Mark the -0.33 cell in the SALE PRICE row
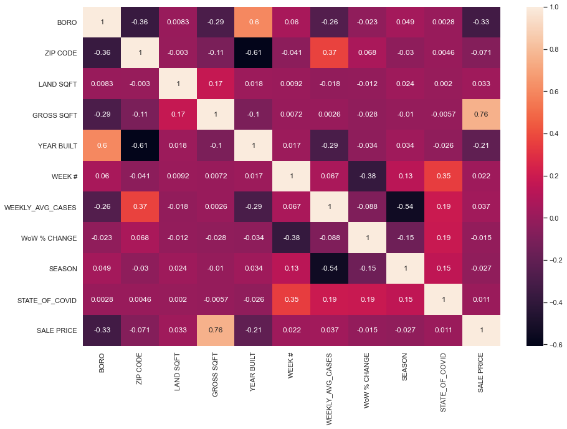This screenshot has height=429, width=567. pyautogui.click(x=102, y=330)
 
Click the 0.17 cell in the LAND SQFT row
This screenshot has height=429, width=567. pyautogui.click(x=216, y=84)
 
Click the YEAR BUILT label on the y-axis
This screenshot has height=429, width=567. pyautogui.click(x=59, y=145)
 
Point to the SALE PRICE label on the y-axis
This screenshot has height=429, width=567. pyautogui.click(x=58, y=330)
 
